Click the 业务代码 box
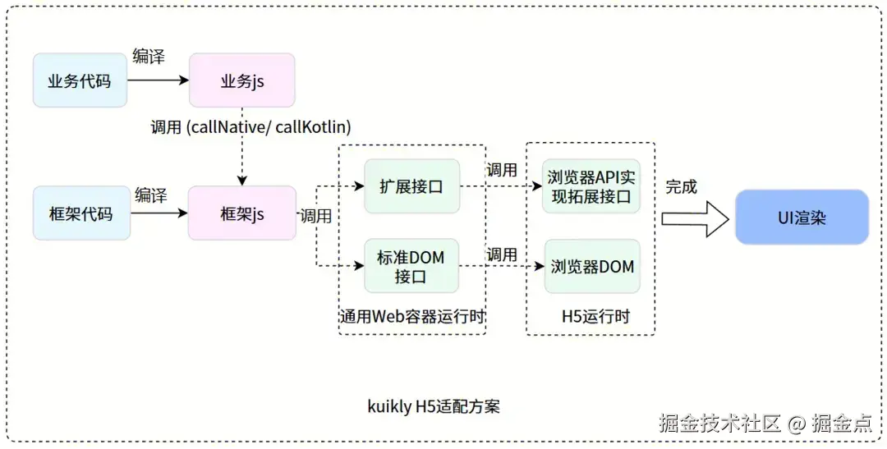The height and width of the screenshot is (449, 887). tap(80, 80)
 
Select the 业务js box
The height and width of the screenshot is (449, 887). tap(241, 80)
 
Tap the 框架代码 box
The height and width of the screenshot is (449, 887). tap(81, 213)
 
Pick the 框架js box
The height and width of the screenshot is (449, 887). tap(241, 213)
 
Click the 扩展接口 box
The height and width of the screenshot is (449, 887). tap(411, 186)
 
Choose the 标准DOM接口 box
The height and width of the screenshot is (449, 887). tap(411, 266)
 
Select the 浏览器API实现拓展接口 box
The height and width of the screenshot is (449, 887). tap(591, 186)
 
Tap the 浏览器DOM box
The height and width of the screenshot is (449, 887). tap(591, 266)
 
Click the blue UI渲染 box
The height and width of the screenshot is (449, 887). tap(802, 217)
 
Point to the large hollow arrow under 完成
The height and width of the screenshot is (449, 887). tap(695, 218)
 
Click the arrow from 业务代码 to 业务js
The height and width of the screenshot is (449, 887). tap(158, 80)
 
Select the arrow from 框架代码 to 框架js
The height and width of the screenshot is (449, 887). tap(159, 213)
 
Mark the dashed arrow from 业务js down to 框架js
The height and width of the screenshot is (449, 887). tap(241, 156)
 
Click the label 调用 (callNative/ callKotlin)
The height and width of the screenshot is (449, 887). tap(250, 127)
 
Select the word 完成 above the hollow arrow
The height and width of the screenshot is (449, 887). tap(681, 187)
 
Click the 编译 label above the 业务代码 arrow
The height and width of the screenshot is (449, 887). tap(149, 57)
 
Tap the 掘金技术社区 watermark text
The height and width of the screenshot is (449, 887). tap(719, 424)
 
